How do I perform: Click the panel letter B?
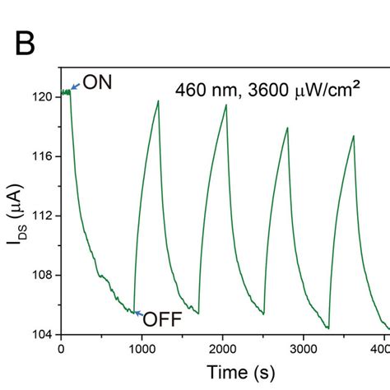[x=26, y=43]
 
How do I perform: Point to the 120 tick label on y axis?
[x=42, y=97]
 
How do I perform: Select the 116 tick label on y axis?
[x=42, y=156]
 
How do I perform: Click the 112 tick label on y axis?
[x=42, y=216]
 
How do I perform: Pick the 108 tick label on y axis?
[x=42, y=275]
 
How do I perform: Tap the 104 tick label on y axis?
[x=42, y=334]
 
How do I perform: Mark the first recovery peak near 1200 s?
[x=158, y=100]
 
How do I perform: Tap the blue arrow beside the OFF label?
[x=137, y=313]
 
